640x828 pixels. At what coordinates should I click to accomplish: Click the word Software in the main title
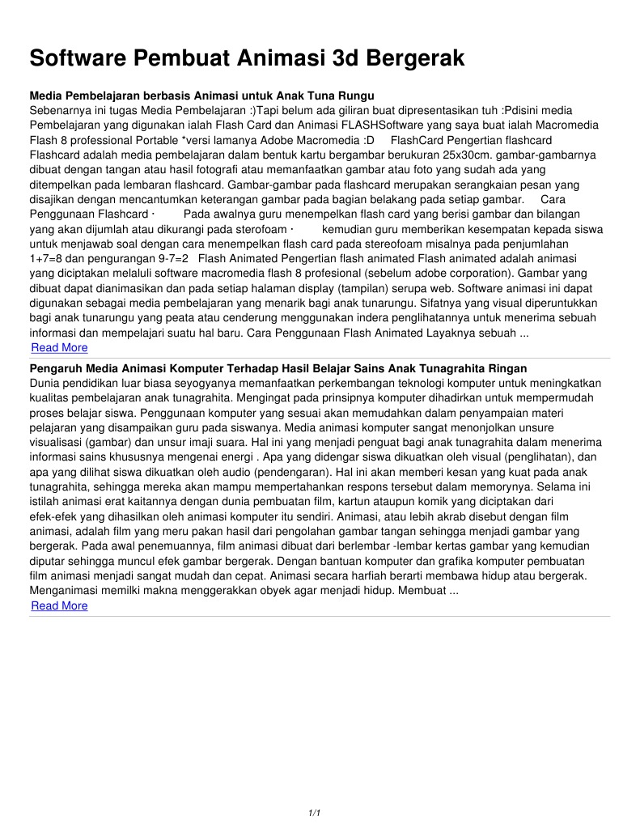click(x=78, y=58)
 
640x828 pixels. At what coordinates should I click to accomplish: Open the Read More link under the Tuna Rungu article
click(x=59, y=347)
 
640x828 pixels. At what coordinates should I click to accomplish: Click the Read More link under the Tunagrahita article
click(x=59, y=605)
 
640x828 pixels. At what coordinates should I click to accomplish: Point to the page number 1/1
click(x=316, y=812)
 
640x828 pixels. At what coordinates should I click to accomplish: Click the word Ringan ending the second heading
click(x=506, y=368)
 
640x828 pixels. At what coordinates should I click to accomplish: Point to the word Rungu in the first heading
click(x=355, y=96)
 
